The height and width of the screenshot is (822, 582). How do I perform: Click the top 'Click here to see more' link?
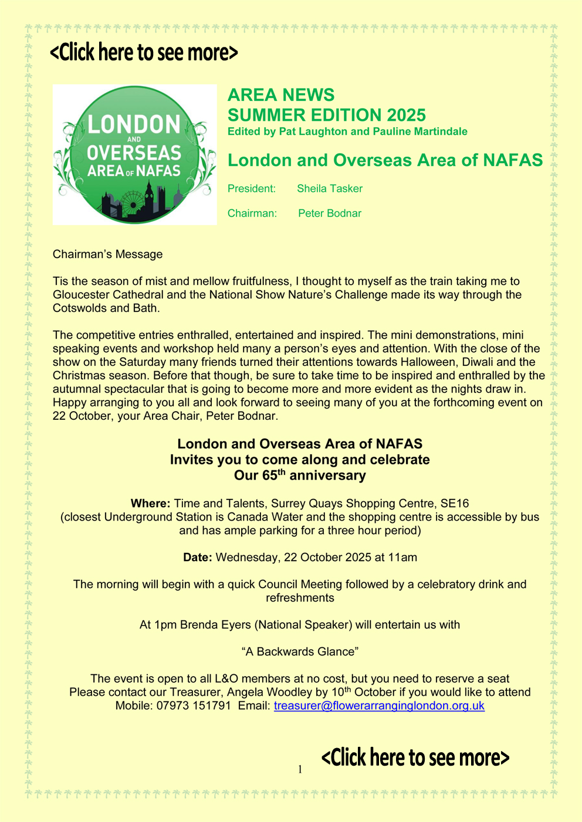click(144, 52)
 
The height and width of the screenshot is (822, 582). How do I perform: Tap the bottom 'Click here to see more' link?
click(415, 757)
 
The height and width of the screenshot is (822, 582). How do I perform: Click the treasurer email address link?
click(379, 705)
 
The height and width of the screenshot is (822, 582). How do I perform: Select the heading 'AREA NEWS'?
click(281, 95)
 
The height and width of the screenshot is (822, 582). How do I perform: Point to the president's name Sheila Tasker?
click(330, 189)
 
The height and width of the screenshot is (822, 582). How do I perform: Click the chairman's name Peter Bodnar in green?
click(330, 213)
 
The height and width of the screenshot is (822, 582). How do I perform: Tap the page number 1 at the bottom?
click(300, 769)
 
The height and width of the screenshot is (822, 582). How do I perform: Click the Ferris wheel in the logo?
click(132, 203)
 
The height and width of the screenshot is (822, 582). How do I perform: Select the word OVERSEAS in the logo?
click(134, 153)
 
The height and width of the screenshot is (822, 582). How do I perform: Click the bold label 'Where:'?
click(151, 504)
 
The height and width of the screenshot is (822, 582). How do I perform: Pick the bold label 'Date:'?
click(198, 558)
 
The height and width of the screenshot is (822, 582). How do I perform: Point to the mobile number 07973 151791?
click(194, 705)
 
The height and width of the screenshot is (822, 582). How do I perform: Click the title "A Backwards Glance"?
click(300, 651)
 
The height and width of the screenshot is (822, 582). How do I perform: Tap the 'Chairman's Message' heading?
click(108, 254)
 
